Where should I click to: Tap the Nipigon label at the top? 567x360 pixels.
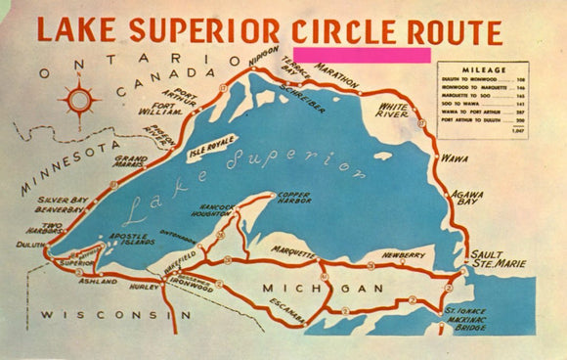pyautogui.click(x=264, y=60)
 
